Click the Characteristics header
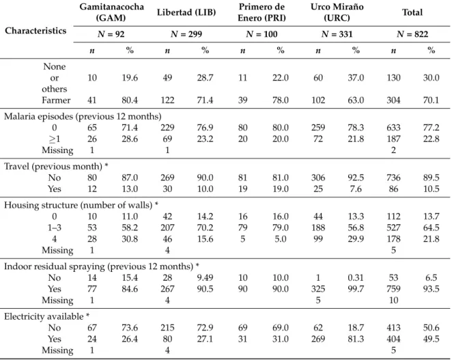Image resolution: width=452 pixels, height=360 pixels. (x=36, y=31)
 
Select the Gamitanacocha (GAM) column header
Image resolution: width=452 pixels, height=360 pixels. (x=111, y=12)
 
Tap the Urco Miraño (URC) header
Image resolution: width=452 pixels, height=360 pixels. (x=337, y=12)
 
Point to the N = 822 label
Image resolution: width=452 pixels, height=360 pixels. (x=412, y=34)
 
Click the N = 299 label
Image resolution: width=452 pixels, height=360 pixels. (x=186, y=34)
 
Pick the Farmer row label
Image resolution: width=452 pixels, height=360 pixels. (x=56, y=100)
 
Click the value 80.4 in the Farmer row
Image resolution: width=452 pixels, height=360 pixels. (x=130, y=100)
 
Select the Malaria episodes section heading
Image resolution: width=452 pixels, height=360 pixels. (x=83, y=116)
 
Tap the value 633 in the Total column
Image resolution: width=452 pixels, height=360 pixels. (x=393, y=128)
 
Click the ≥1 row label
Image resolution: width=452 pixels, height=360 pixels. (x=54, y=139)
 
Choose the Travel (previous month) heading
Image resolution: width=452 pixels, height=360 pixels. (x=56, y=166)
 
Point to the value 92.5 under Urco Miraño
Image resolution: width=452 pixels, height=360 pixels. (x=356, y=178)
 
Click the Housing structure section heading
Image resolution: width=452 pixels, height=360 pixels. (x=81, y=205)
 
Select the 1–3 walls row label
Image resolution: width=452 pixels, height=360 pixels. (x=54, y=227)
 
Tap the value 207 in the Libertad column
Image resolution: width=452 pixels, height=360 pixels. (x=167, y=227)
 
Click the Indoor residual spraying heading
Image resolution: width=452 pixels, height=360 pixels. (x=102, y=266)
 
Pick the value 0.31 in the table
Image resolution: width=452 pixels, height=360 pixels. (x=356, y=277)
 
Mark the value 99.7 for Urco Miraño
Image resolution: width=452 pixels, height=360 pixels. (x=356, y=289)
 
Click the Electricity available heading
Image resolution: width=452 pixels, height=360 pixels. (x=46, y=316)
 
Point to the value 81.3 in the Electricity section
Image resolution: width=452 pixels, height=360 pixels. (x=356, y=339)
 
